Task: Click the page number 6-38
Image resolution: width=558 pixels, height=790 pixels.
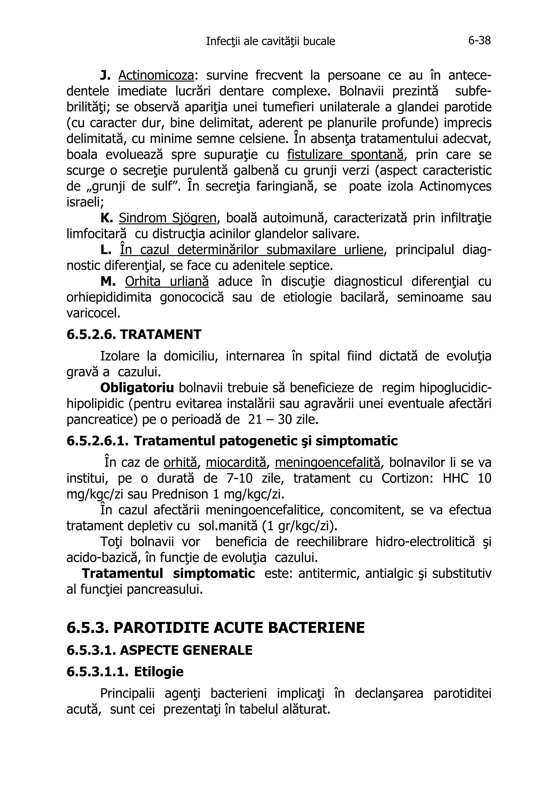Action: (x=479, y=41)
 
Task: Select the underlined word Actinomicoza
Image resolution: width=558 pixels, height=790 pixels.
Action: (x=156, y=75)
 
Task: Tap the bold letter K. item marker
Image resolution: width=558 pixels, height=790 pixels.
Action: (x=107, y=218)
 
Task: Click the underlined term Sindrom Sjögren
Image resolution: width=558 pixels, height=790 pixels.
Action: (x=168, y=218)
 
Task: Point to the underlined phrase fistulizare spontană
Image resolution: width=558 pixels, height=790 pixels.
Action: (x=345, y=155)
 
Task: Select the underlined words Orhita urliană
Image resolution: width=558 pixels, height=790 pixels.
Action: (x=167, y=281)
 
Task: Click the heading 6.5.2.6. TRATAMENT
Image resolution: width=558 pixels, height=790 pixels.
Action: (x=134, y=334)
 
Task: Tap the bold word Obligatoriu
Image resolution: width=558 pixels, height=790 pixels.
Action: (x=137, y=388)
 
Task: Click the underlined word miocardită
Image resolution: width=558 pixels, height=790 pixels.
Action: (x=236, y=463)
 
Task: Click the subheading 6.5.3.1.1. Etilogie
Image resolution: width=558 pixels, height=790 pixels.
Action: (x=125, y=672)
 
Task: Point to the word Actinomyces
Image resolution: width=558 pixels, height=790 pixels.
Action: (x=455, y=187)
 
